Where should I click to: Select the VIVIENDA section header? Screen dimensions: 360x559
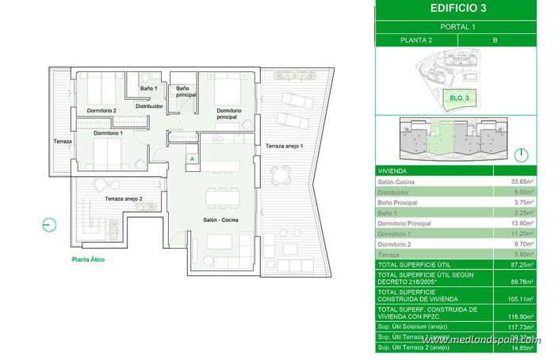[x=392, y=169]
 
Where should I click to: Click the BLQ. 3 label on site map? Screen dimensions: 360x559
[x=461, y=97]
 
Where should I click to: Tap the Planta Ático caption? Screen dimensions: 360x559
[x=88, y=259]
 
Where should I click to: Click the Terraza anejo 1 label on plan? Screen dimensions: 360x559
[x=284, y=146]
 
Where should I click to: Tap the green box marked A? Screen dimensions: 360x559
[x=192, y=159]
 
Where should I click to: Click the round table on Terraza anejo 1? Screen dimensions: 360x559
[x=277, y=176]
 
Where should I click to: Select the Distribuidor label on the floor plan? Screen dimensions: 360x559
[x=149, y=105]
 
